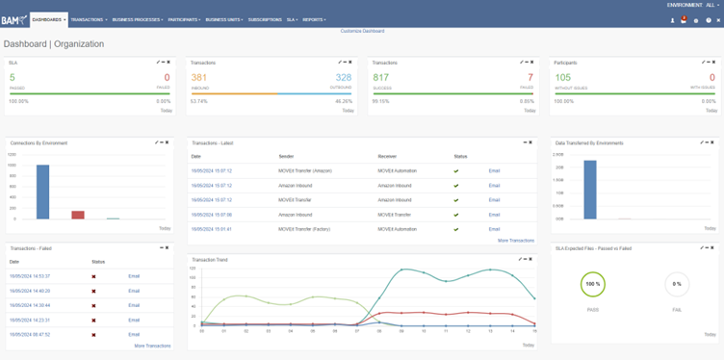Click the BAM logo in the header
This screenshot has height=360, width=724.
click(x=13, y=19)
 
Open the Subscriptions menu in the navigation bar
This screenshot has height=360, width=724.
click(x=264, y=19)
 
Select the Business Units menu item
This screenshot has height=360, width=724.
click(x=223, y=19)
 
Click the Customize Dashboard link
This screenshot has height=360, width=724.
click(x=362, y=32)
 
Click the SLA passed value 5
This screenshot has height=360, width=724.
click(x=13, y=77)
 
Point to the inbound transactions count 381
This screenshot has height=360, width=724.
click(x=199, y=77)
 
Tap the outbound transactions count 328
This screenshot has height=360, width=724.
click(x=344, y=77)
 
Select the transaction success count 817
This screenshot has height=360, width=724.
click(x=381, y=77)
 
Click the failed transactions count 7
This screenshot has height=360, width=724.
click(x=530, y=77)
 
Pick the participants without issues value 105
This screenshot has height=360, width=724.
click(x=563, y=77)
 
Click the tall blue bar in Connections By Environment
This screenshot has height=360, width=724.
click(x=42, y=192)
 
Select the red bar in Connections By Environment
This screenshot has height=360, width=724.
click(x=78, y=215)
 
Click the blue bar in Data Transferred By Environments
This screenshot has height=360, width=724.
click(x=590, y=190)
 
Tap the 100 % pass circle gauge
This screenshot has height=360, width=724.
click(x=592, y=285)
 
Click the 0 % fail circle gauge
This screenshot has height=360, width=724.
click(x=678, y=285)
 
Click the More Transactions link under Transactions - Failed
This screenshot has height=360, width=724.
click(x=152, y=346)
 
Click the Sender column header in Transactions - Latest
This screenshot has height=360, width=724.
click(x=287, y=156)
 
